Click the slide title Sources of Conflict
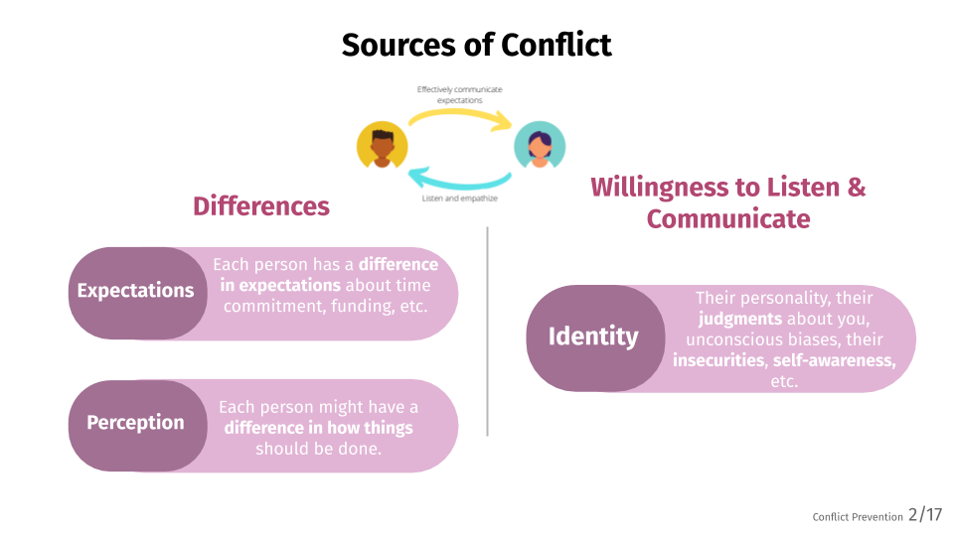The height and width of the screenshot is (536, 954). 476,45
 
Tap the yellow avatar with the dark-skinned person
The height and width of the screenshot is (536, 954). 383,148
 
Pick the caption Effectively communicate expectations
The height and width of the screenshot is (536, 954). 459,94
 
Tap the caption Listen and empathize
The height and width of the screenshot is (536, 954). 460,199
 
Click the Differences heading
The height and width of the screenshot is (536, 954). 261,206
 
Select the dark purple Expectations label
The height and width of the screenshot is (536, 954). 136,292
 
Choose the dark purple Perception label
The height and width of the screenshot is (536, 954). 136,423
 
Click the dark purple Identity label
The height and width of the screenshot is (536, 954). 593,336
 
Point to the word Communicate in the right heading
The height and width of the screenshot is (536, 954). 728,218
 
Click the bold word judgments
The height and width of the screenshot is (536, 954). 740,319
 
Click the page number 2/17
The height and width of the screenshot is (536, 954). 924,515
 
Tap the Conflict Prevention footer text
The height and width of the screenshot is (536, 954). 857,517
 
